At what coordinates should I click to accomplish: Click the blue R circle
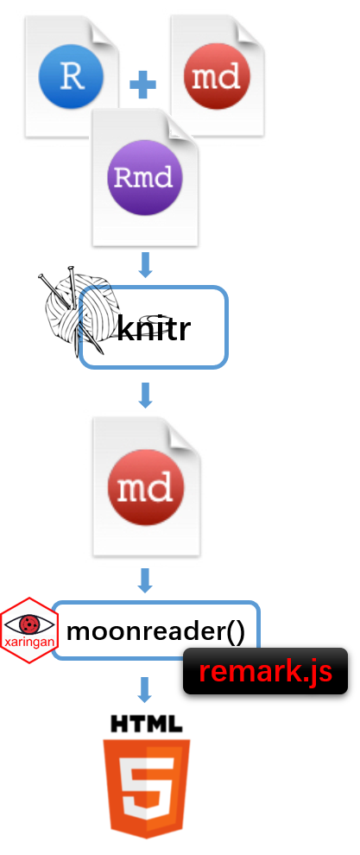tap(72, 76)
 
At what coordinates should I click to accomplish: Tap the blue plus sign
tap(143, 85)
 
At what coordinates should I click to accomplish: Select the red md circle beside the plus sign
tap(217, 76)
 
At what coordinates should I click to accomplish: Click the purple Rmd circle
tap(144, 177)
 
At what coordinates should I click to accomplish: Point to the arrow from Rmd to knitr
tap(145, 265)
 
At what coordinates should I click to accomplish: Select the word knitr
tap(154, 329)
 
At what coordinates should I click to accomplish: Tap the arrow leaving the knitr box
tap(145, 396)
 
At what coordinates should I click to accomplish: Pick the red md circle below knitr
tap(145, 488)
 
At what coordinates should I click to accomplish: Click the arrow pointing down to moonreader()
tap(145, 580)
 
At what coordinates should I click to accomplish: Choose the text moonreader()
tap(156, 631)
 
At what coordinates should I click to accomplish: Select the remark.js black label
tap(265, 671)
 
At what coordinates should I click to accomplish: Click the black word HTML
tap(146, 723)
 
